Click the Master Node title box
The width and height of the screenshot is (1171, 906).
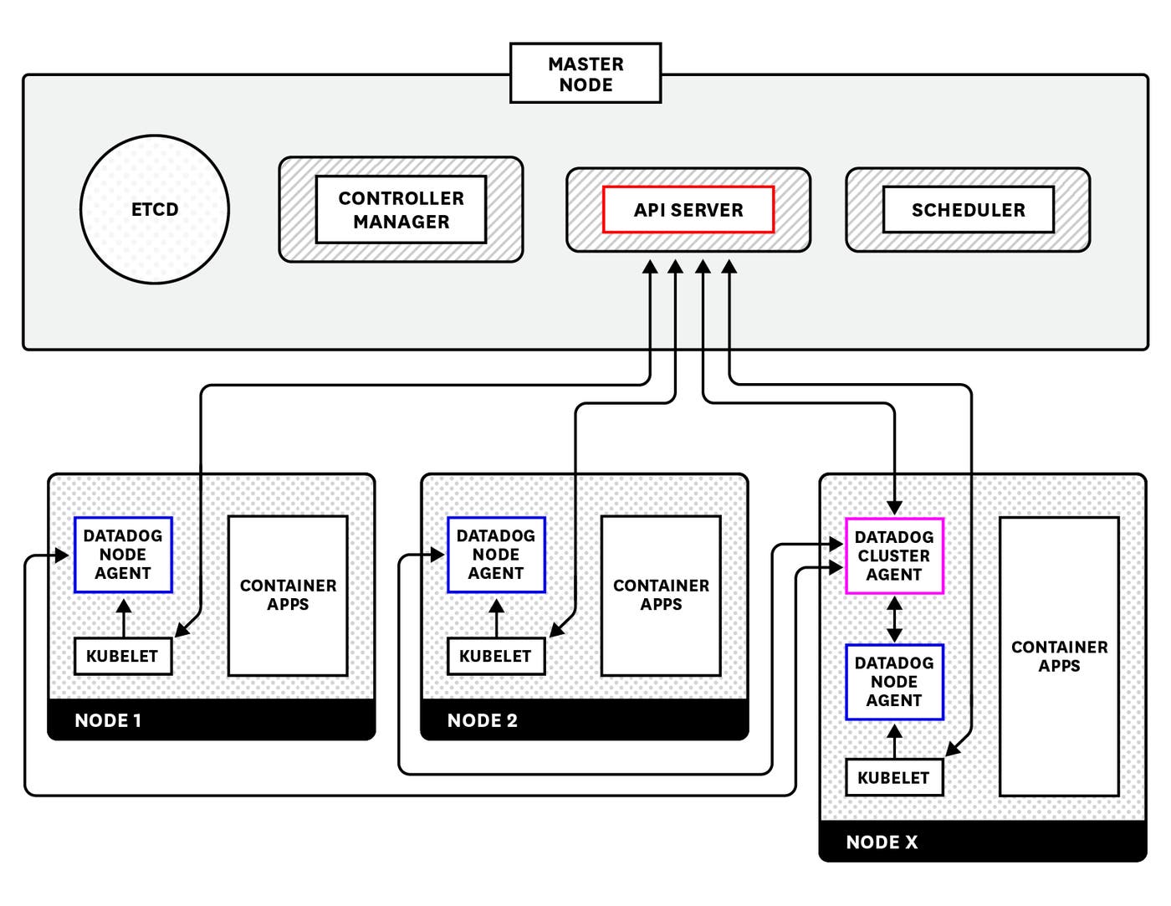coord(585,74)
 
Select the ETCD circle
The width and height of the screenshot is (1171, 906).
coord(155,209)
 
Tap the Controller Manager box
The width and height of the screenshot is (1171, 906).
coord(401,210)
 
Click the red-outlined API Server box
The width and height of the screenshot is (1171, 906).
coord(688,210)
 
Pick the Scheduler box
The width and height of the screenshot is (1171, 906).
coord(968,210)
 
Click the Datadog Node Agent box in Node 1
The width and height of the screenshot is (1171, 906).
coord(123,555)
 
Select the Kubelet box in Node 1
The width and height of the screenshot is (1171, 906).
coord(122,656)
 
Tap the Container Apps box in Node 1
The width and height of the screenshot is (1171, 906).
coord(288,595)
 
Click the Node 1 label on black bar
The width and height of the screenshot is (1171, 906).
coord(108,720)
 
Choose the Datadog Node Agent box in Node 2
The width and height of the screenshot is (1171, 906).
coord(496,555)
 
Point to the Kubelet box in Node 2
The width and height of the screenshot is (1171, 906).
coord(495,656)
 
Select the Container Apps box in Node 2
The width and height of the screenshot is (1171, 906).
coord(661,595)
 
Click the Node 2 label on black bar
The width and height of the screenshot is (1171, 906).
coord(483,720)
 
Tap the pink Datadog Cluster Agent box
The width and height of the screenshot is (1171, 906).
coord(894,556)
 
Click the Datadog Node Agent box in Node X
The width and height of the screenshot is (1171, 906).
coord(894,682)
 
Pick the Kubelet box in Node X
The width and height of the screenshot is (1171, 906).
coord(893,777)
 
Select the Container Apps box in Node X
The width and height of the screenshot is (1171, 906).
coord(1059,656)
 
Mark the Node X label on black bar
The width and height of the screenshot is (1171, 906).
coord(882,842)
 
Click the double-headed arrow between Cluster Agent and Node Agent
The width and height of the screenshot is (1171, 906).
coord(894,619)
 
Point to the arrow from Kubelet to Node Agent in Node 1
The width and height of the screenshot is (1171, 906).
coord(123,617)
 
